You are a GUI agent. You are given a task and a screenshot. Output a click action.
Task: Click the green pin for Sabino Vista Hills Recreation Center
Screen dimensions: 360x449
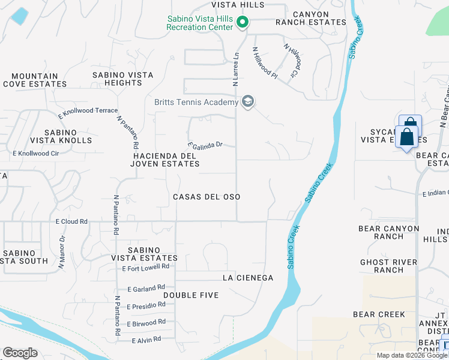coord(243,23)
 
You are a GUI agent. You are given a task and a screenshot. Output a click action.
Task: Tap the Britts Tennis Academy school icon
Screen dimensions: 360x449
coord(247,101)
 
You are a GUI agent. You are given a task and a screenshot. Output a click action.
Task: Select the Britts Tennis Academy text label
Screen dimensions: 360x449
coord(196,103)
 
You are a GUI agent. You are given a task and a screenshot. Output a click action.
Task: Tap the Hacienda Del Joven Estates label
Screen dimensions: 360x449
coord(166,160)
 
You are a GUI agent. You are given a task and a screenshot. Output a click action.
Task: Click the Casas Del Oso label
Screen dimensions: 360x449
coord(206,197)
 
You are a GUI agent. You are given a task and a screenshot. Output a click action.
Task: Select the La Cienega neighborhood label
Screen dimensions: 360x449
coord(248,278)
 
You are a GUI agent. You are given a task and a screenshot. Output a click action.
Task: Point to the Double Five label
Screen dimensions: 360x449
coord(190,295)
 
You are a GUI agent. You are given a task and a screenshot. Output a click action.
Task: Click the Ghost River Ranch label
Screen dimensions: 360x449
coord(390,266)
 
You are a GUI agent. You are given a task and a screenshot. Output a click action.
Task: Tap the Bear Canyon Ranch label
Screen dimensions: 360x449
coord(389,232)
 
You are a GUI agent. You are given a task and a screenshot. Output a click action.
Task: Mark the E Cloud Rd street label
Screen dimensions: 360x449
coord(71,221)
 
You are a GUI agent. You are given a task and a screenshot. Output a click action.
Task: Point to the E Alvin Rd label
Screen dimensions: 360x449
coord(146,340)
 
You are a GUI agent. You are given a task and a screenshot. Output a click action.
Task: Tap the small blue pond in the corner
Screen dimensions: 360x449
coord(19,16)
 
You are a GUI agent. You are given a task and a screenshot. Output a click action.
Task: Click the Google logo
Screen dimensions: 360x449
coord(20,353)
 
